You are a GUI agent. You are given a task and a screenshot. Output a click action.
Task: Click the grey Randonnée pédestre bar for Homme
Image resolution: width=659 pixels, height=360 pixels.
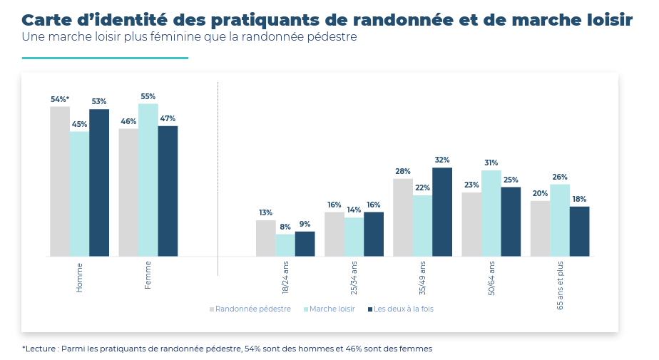pos(60,181)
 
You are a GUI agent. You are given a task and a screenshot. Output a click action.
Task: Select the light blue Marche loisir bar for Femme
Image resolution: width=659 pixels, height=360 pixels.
pos(148,180)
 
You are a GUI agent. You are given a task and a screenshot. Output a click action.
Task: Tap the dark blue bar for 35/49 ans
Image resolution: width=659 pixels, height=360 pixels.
pos(442,212)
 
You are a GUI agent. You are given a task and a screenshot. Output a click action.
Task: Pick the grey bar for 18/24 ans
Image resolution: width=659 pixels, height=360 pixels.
pos(265,238)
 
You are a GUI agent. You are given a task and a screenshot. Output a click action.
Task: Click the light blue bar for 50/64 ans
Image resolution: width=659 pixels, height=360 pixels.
pos(491,213)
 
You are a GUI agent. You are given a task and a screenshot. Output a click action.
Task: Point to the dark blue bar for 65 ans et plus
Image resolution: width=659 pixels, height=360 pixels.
pos(579,231)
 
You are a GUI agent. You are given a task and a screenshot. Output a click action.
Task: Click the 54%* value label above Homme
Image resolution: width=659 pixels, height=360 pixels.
pos(60,100)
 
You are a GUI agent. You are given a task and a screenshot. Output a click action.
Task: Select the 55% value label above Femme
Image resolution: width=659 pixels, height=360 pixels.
pos(148,97)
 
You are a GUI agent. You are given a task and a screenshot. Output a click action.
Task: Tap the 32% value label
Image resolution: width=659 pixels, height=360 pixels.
pos(442,160)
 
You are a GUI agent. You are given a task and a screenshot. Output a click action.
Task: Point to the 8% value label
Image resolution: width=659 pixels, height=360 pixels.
pos(285,227)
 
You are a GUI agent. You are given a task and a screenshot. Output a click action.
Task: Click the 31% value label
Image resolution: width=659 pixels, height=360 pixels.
pos(491,163)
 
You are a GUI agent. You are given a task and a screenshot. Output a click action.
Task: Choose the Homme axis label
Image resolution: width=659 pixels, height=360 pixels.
pos(80,277)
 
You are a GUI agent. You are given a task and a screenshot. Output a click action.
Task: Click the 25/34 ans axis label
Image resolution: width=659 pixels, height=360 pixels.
pos(354,277)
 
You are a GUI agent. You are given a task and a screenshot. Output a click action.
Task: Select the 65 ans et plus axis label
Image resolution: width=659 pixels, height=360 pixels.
pos(560,285)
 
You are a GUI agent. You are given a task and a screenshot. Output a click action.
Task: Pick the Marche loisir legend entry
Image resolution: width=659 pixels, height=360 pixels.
pos(332,309)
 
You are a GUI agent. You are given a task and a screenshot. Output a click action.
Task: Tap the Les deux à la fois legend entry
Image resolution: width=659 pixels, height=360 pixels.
pos(403,309)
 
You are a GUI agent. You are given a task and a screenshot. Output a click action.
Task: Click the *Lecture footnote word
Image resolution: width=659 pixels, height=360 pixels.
pos(41,349)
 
